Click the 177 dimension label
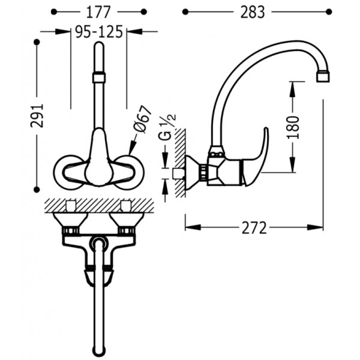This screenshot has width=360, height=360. tap(98, 12)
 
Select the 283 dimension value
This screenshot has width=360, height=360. tap(253, 12)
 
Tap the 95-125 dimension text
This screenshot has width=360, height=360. tap(99, 32)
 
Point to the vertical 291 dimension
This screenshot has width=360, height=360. tap(37, 115)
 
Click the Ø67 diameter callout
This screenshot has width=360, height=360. tap(143, 119)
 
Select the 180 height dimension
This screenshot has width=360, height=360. tap(293, 127)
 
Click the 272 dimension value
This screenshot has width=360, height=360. tap(254, 228)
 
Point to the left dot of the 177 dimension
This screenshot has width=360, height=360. tap(54, 12)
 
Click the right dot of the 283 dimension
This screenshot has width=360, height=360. tap(329, 12)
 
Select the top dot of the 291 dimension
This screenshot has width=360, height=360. tap(37, 42)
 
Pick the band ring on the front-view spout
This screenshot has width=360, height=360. tap(100, 77)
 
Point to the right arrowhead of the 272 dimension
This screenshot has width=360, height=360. tap(316, 227)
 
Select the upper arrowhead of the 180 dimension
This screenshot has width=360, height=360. tap(292, 90)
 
